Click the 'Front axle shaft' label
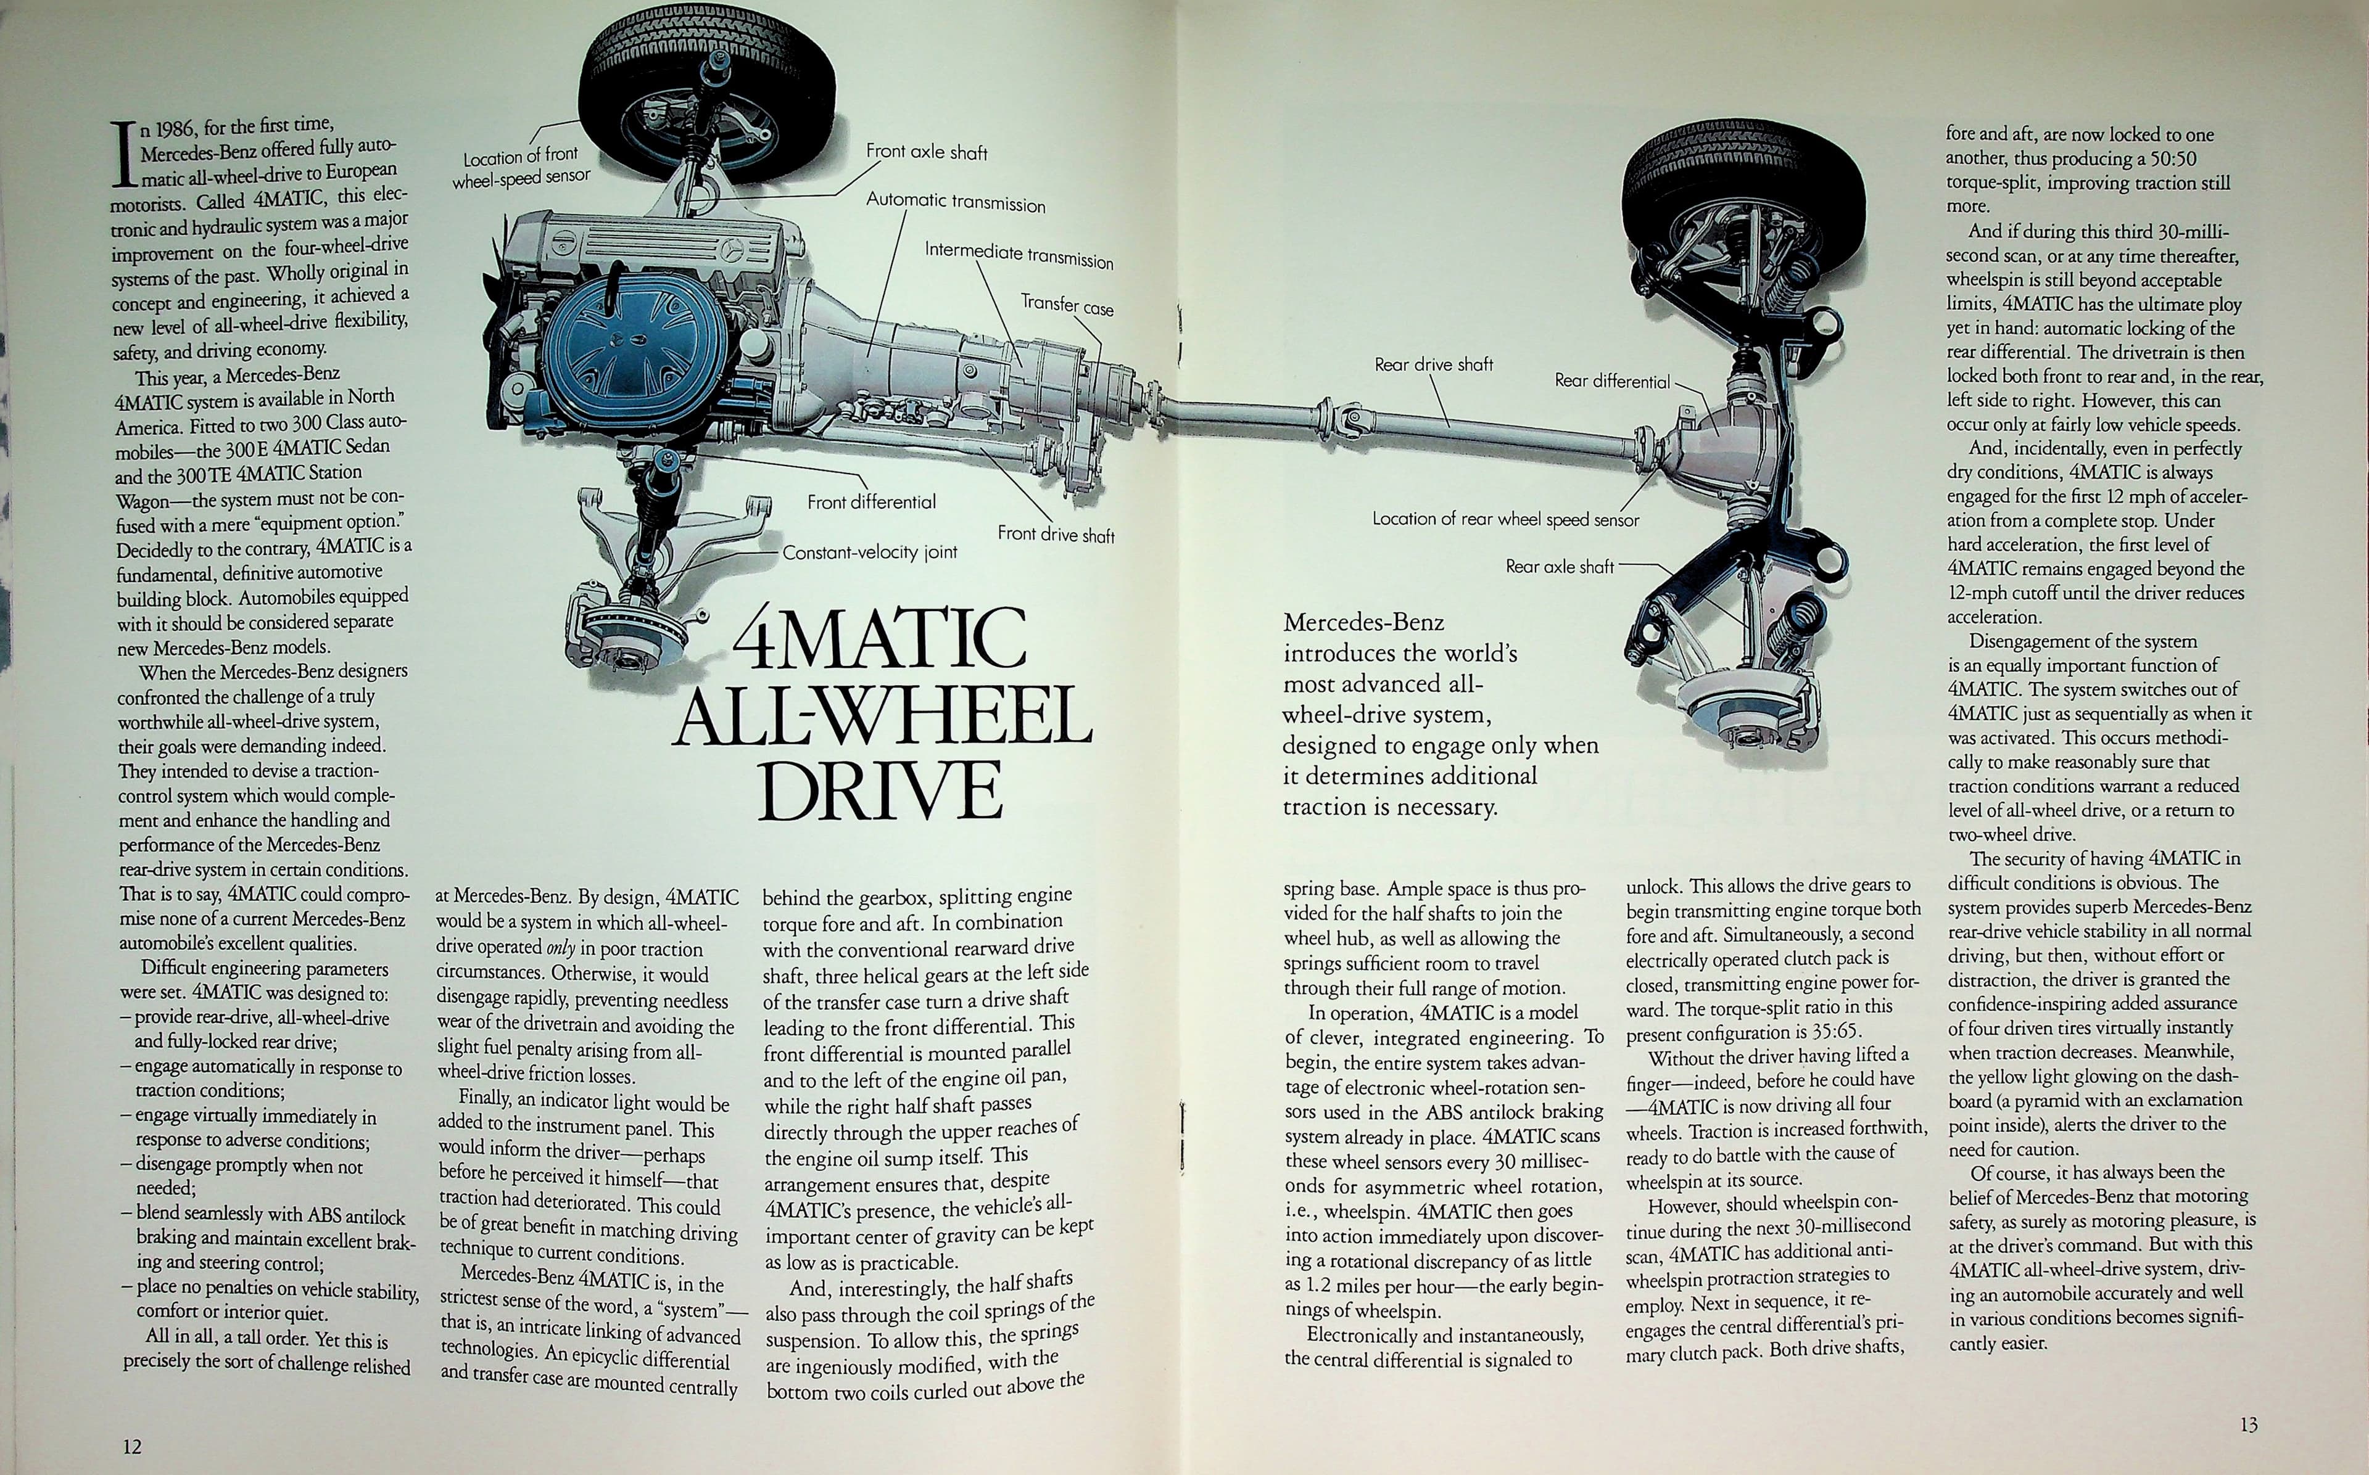[926, 152]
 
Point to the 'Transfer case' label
[1067, 305]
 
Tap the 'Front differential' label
[871, 501]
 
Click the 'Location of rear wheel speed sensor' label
[1505, 519]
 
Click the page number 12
[132, 1446]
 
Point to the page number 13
[2248, 1424]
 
